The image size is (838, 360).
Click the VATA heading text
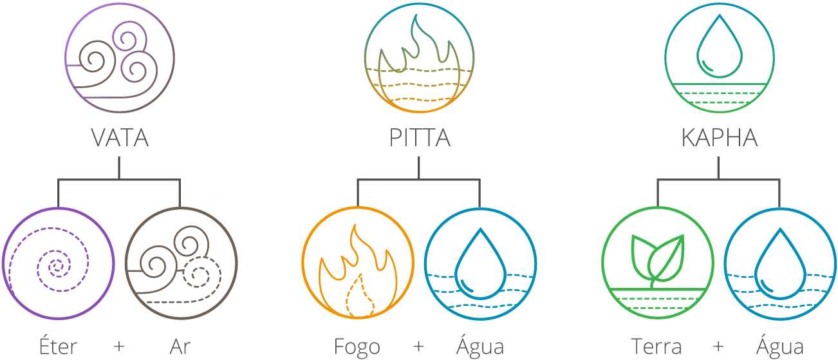120,138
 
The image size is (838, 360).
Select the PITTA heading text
419,138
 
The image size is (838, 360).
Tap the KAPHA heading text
719,138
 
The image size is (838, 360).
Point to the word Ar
180,346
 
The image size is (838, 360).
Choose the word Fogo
358,346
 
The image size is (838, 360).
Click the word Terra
656,346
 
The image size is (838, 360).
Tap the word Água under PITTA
480,346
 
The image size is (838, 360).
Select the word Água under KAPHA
780,346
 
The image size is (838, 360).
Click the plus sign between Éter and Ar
119,346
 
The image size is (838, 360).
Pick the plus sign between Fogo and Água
419,346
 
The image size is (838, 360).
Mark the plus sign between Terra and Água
718,346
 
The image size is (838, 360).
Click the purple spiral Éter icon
59,263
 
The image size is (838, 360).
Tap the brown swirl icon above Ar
182,263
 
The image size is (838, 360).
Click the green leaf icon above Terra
658,263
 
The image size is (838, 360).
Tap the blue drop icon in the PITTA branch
480,263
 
